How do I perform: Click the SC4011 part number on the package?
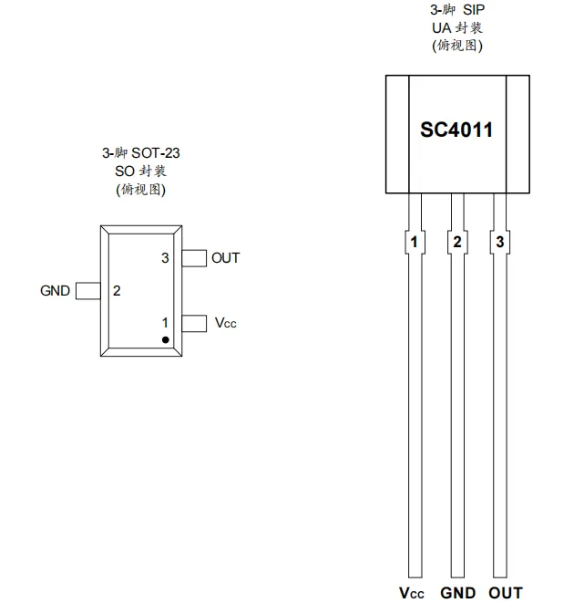tap(456, 130)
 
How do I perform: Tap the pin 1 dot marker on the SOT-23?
tap(166, 340)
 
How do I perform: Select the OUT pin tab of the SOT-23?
tap(194, 258)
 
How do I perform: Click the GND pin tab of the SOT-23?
tap(88, 291)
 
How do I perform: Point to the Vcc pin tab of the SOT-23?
tap(194, 324)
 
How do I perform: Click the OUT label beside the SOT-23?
tap(225, 258)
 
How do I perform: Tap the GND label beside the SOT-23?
tap(55, 291)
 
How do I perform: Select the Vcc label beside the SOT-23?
tap(225, 323)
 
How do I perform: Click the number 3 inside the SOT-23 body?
tap(165, 258)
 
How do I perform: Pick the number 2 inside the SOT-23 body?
tap(117, 291)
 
